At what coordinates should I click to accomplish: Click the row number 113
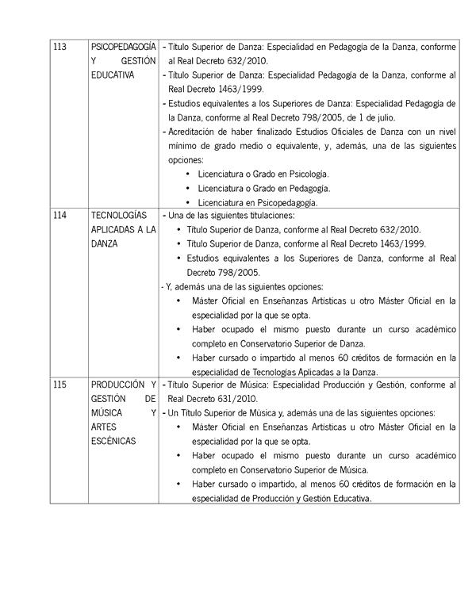coord(59,46)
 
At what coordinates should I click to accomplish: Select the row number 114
coord(59,215)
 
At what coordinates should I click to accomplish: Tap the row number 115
coord(59,384)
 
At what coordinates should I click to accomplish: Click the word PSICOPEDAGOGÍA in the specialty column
coord(123,46)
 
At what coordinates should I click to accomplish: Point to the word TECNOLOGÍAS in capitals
coord(119,215)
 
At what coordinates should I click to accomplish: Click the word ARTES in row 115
coord(103,427)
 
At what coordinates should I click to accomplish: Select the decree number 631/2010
coord(236,399)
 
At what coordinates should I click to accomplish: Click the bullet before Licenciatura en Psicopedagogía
coord(186,202)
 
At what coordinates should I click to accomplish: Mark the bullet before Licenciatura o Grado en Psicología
coord(186,174)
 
